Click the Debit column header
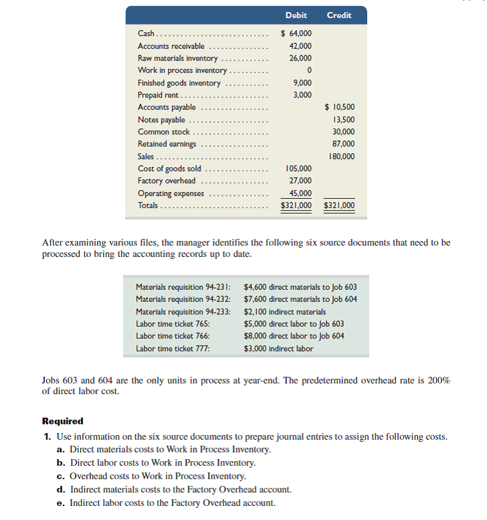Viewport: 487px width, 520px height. tap(296, 15)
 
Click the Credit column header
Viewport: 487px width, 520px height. tap(338, 15)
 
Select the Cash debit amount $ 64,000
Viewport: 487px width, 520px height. tap(296, 33)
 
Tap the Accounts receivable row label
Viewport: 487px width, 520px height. tap(171, 46)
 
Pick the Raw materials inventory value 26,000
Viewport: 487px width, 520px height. tap(300, 58)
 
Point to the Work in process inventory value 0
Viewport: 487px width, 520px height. tap(308, 70)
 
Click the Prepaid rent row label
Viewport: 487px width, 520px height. tap(158, 95)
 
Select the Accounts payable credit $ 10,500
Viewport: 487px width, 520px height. tap(339, 107)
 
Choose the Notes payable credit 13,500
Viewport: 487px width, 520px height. tap(343, 120)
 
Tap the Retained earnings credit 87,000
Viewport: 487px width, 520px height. tap(343, 144)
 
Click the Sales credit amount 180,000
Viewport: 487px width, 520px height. tap(342, 157)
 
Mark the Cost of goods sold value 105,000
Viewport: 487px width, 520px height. tap(298, 169)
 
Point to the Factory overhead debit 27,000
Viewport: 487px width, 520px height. tap(300, 181)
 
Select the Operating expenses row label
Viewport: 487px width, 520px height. tap(171, 193)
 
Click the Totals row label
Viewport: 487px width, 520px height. tap(149, 205)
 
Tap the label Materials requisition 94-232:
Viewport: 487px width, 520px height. tap(183, 299)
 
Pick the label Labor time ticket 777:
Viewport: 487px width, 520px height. tap(172, 348)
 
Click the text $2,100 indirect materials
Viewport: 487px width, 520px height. tap(285, 311)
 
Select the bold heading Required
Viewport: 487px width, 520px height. tap(63, 421)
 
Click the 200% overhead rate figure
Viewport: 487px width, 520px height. tap(439, 380)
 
